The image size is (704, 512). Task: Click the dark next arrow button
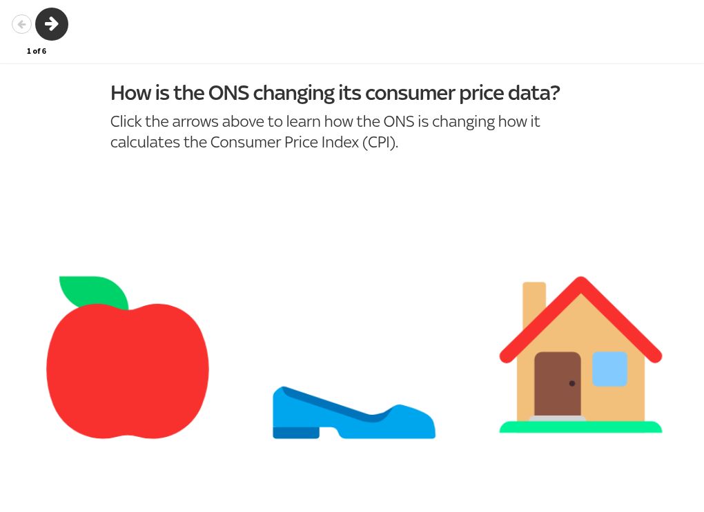(x=52, y=24)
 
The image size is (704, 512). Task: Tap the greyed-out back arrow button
(x=21, y=24)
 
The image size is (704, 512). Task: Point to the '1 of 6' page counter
(x=37, y=51)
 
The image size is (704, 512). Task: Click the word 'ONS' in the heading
(x=228, y=93)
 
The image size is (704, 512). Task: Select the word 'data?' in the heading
(x=534, y=93)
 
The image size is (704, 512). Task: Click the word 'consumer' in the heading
(x=410, y=94)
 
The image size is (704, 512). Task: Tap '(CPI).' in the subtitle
(x=380, y=142)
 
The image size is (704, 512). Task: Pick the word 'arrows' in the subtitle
(x=195, y=122)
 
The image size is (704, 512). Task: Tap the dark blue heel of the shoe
(x=296, y=433)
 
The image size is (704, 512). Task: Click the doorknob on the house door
(x=572, y=383)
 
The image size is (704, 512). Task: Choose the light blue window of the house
(x=609, y=369)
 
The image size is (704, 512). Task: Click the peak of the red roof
(x=580, y=282)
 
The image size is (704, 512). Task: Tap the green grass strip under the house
(x=580, y=427)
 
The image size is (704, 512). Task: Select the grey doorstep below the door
(x=557, y=419)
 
